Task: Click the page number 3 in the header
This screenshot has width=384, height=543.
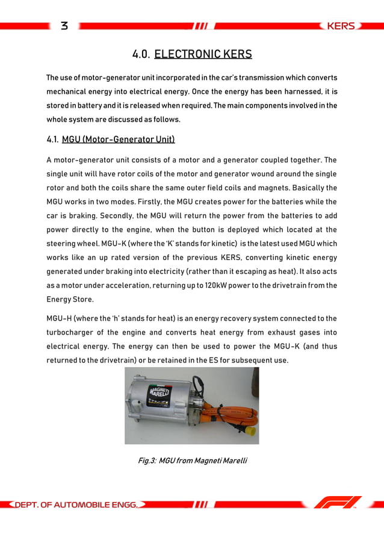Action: (64, 26)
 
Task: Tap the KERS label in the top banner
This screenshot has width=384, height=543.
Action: (340, 26)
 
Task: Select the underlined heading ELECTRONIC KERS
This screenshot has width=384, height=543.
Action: (203, 55)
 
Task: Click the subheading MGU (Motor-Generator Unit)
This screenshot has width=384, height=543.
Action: (118, 140)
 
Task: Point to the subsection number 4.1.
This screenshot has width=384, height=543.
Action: (52, 140)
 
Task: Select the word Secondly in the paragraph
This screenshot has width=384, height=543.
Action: (117, 216)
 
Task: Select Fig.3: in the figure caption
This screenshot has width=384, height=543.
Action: (147, 461)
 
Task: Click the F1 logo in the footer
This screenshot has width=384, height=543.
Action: (339, 501)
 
